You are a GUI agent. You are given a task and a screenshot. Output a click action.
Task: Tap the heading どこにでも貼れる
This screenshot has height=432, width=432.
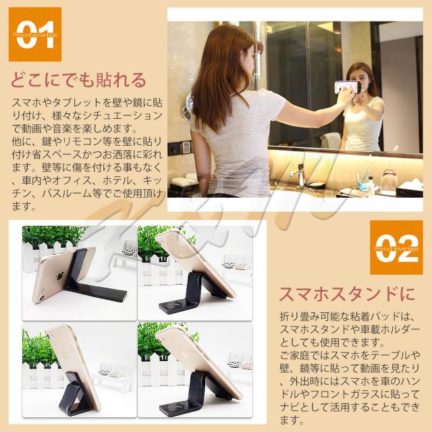tap(78, 80)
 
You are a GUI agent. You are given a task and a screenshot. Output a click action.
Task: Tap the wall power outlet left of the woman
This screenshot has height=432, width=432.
tap(181, 146)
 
